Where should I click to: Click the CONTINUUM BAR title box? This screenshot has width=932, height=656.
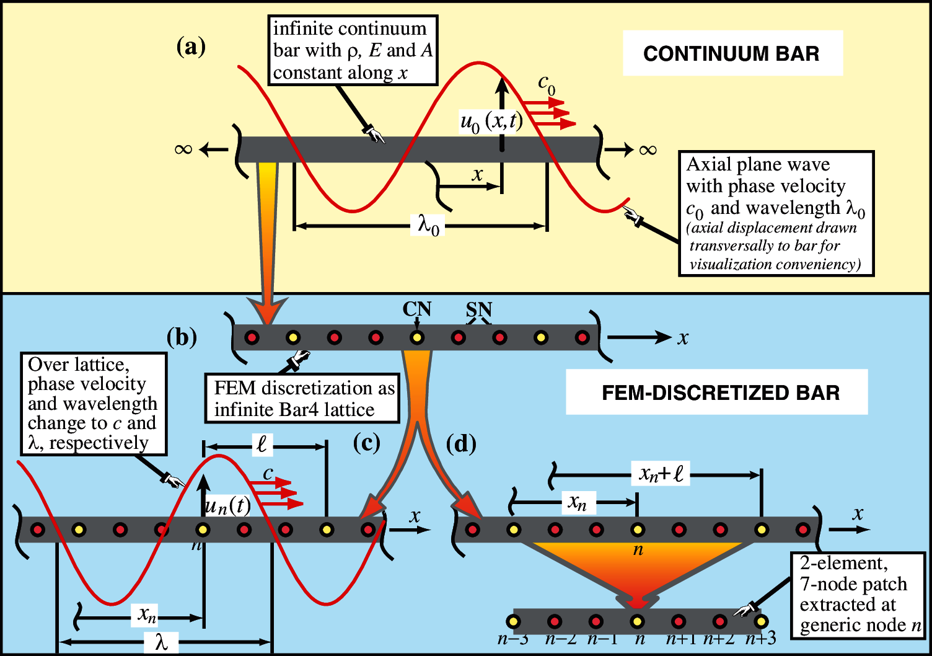click(732, 54)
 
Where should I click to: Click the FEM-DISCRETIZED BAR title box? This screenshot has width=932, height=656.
click(717, 392)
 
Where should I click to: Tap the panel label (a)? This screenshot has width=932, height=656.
click(191, 47)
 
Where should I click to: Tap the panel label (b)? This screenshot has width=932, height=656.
click(182, 337)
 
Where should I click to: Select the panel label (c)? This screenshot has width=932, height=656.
click(366, 443)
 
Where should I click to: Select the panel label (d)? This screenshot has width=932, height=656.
click(461, 444)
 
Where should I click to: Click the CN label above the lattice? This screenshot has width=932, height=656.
click(416, 309)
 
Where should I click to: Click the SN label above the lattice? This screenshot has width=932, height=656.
click(479, 309)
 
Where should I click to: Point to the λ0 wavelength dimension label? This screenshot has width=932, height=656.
click(428, 224)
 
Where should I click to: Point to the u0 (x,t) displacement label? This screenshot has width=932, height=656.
click(491, 121)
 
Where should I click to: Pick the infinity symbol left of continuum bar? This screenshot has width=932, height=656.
click(183, 149)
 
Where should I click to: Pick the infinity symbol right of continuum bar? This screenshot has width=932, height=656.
click(648, 149)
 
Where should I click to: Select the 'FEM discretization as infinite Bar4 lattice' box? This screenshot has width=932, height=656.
click(302, 399)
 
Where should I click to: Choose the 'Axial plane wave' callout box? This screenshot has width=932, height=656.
click(776, 213)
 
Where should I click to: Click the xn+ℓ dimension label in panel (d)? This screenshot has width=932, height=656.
click(661, 474)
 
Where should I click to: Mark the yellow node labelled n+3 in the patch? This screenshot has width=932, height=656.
click(761, 621)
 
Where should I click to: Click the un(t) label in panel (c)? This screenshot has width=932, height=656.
click(227, 506)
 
